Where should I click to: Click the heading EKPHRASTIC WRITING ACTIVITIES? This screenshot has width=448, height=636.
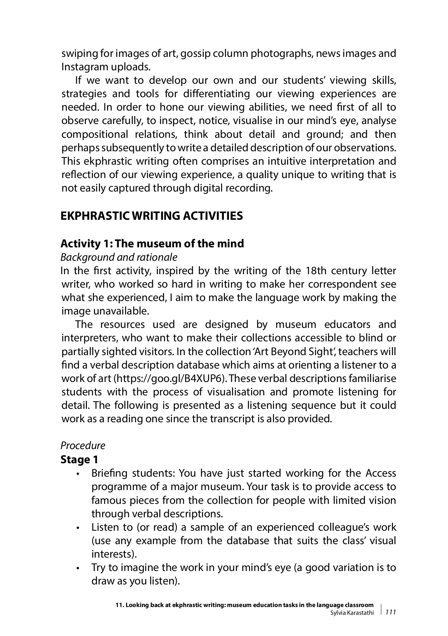[151, 216]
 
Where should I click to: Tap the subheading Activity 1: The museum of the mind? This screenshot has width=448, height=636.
[152, 243]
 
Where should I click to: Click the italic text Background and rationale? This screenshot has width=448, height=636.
[119, 257]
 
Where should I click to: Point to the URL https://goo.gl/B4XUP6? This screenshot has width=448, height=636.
[169, 378]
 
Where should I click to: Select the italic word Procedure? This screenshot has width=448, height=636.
[83, 446]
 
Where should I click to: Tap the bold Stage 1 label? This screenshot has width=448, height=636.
[79, 460]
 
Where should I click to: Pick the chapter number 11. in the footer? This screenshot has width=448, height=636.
[120, 605]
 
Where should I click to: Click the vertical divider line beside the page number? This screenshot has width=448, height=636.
[382, 609]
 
